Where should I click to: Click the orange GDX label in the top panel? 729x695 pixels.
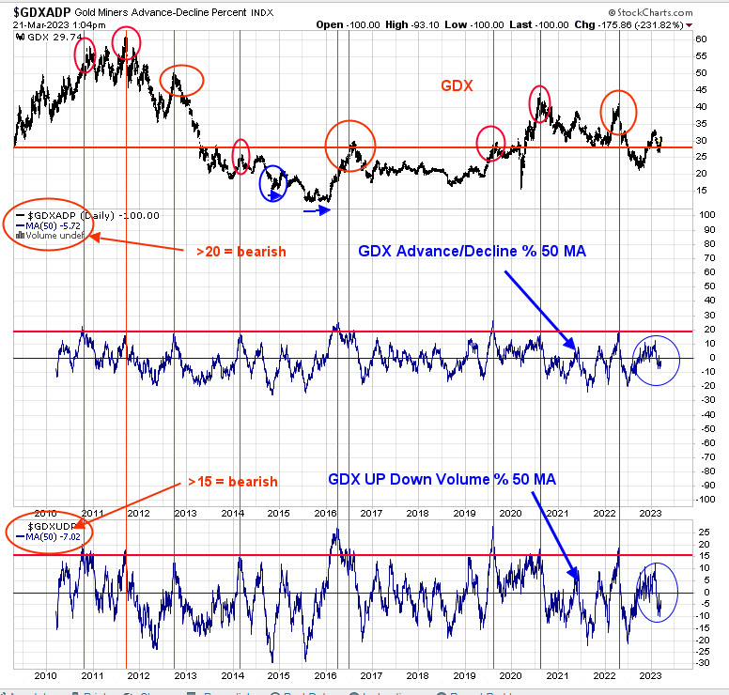click(x=458, y=85)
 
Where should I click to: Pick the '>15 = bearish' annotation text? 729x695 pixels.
click(x=231, y=482)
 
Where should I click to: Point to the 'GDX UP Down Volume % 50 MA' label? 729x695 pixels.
click(x=442, y=479)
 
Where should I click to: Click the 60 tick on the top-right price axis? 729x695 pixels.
click(x=701, y=39)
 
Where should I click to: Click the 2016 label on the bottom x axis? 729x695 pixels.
click(x=324, y=674)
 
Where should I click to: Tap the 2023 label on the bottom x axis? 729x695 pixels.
click(x=647, y=674)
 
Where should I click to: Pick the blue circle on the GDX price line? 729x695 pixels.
click(x=273, y=182)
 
